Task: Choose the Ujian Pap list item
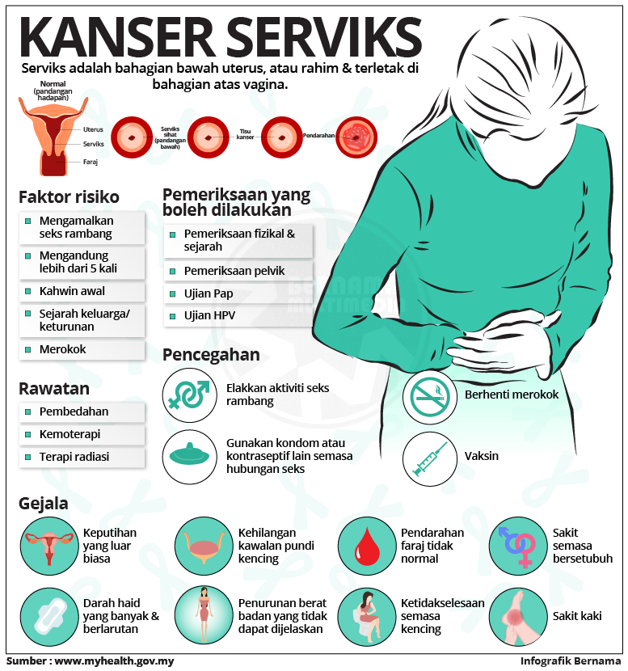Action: click(208, 293)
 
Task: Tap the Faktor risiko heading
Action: click(69, 196)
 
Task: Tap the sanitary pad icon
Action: click(46, 615)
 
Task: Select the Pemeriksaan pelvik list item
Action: click(234, 270)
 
